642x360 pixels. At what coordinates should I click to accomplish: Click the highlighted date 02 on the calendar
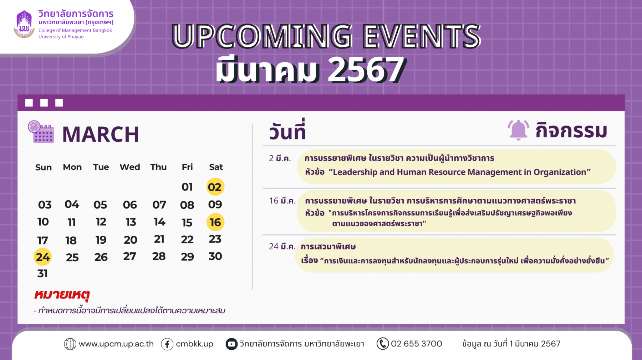coord(215,187)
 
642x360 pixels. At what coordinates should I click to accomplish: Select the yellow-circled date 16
coord(215,222)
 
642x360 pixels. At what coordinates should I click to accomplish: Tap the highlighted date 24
coord(42,257)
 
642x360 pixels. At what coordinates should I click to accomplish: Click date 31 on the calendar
coord(42,274)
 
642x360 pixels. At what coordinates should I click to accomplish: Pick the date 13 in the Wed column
coord(131,222)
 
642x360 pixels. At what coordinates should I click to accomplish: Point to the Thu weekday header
coord(158,167)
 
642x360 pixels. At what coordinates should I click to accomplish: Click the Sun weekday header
coord(44,167)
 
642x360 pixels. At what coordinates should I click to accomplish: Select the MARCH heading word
coord(101,135)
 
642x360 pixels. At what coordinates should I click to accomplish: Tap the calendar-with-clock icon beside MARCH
coord(41,132)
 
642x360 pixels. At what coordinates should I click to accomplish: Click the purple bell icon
coord(518,130)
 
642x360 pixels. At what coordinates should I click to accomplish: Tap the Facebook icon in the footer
coord(167,344)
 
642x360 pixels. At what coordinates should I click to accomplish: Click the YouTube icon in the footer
coord(231,344)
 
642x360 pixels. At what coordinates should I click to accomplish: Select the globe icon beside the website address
coord(70,344)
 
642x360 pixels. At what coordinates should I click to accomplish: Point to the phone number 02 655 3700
coord(416,344)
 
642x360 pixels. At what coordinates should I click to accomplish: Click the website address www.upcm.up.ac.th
coord(116,344)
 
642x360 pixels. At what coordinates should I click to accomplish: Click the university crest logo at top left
coord(24,24)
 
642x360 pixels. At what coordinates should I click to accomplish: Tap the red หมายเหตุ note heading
coord(62,295)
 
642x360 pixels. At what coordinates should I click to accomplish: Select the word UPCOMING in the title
coord(262,36)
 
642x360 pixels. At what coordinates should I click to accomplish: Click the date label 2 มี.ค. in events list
coord(280,158)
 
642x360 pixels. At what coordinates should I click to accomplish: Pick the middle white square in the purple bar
coord(44,103)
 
